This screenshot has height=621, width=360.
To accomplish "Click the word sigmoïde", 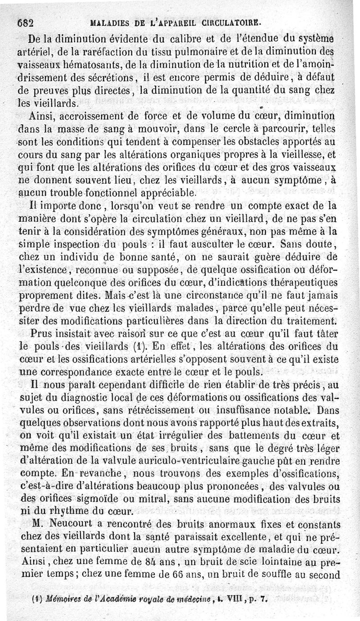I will [105, 499].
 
